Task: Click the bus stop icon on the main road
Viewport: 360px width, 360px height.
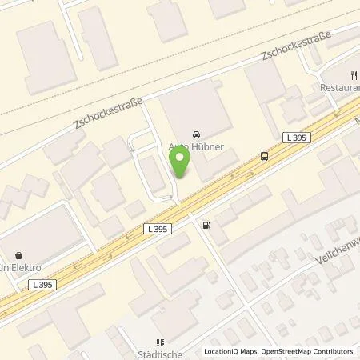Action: pos(263,156)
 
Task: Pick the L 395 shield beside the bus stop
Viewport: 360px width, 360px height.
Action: pos(296,138)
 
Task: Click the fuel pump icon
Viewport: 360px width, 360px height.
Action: pos(207,225)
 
